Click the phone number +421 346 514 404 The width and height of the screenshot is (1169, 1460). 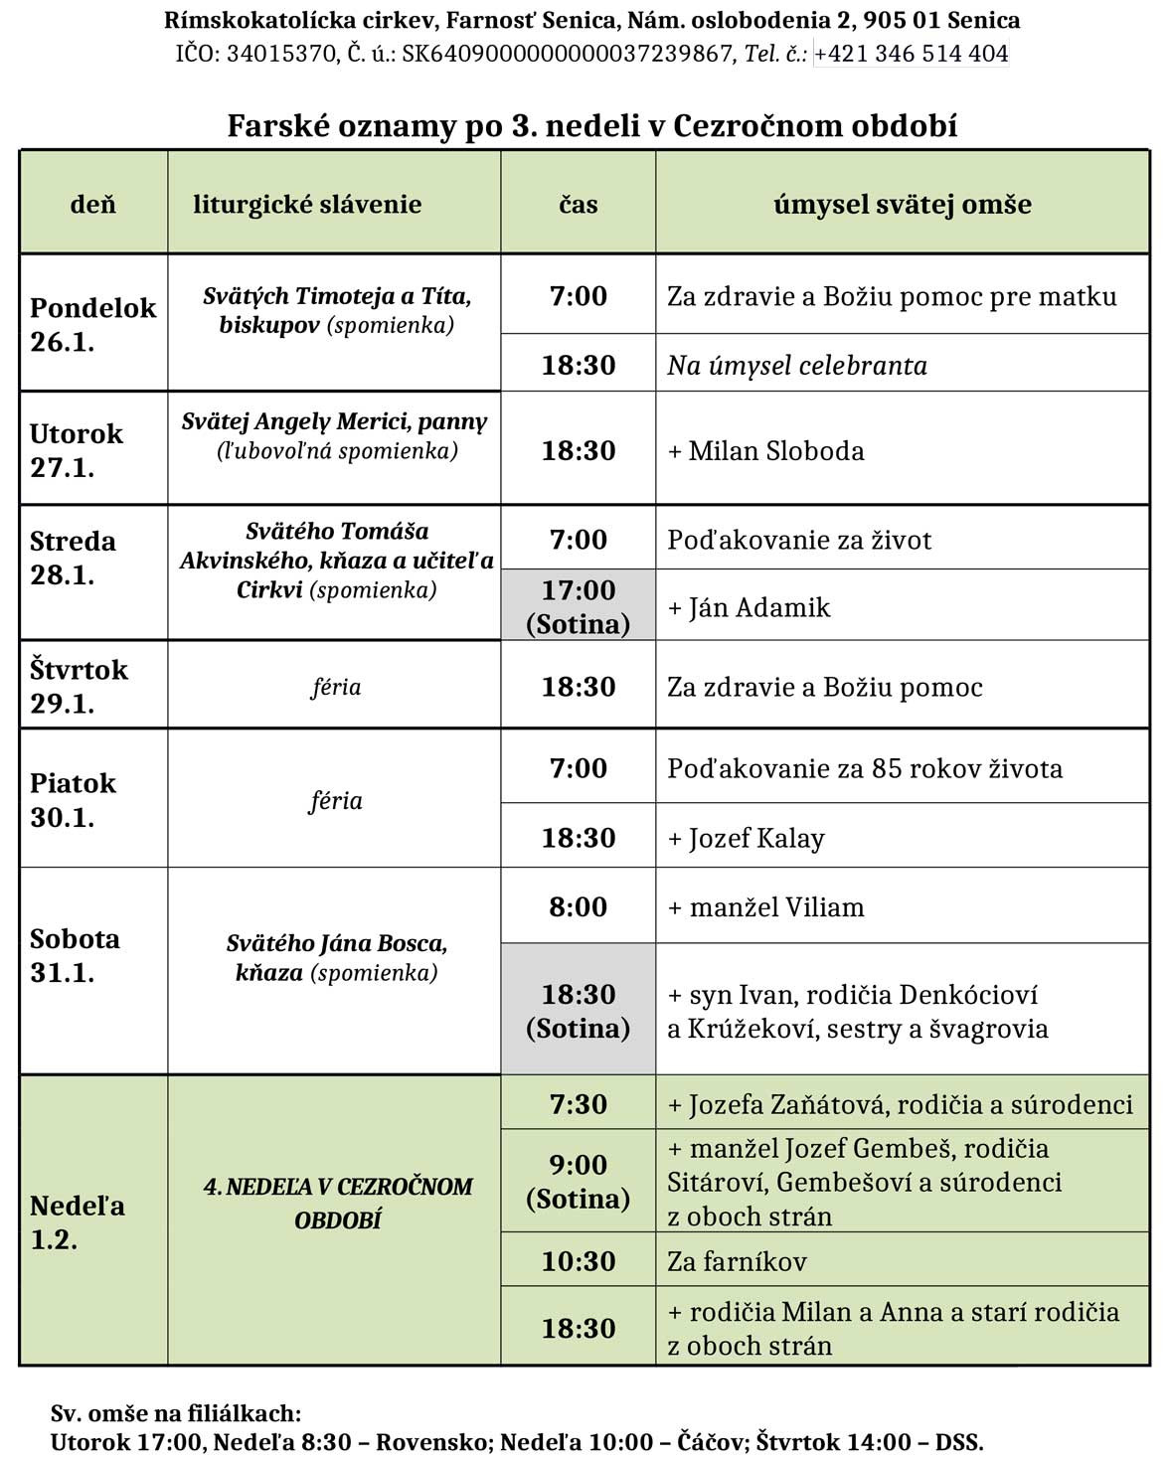point(912,54)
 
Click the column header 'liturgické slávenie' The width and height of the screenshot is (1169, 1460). point(307,205)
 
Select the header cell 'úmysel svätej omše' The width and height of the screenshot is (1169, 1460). point(902,205)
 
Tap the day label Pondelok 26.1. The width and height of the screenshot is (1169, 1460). point(92,324)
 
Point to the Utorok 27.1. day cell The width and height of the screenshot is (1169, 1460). point(77,450)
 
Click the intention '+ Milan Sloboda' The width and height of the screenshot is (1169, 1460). point(765,451)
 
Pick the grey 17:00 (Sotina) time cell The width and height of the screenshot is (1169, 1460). point(578,606)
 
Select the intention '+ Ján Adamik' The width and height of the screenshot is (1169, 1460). point(749,607)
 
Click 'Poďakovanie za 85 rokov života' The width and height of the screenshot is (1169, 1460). point(864,768)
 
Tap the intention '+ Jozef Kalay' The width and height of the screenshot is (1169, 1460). point(746,838)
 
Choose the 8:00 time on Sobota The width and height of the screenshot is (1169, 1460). point(578,906)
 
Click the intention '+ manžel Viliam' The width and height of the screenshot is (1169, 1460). point(765,906)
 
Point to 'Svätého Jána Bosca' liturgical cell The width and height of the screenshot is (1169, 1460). point(336,957)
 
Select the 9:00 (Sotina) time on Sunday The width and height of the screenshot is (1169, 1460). point(578,1182)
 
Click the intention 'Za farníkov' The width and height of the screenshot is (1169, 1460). point(737,1261)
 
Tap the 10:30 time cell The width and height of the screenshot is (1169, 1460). point(578,1261)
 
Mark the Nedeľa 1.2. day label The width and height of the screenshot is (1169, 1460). point(77,1222)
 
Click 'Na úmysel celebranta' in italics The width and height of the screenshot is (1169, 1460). point(796,366)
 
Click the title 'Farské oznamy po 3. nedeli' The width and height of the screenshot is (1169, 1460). point(591,126)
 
